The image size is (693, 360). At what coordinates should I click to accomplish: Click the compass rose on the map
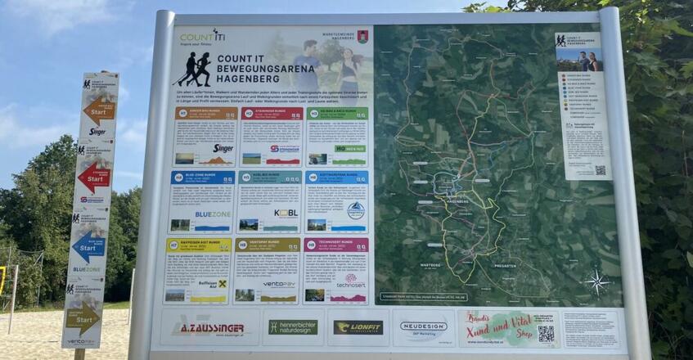pos(596,281)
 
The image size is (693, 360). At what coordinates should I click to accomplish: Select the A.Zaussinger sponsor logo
pos(208,328)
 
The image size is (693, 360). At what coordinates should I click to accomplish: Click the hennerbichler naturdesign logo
pos(292,327)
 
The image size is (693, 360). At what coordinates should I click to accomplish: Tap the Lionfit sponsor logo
pos(358,327)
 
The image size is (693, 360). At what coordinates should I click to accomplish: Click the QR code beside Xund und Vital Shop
pos(546,332)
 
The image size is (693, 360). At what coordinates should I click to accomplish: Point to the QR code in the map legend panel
pos(600,170)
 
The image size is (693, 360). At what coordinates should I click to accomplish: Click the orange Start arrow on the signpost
pos(100,109)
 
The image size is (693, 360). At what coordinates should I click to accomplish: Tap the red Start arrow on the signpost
pos(94,176)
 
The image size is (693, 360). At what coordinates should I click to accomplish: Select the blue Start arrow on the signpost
pos(88,245)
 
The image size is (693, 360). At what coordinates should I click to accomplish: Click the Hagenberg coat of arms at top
pos(362,36)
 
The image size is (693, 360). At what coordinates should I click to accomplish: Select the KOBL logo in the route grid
pos(286,213)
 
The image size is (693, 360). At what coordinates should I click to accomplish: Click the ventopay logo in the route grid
pos(278,285)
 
